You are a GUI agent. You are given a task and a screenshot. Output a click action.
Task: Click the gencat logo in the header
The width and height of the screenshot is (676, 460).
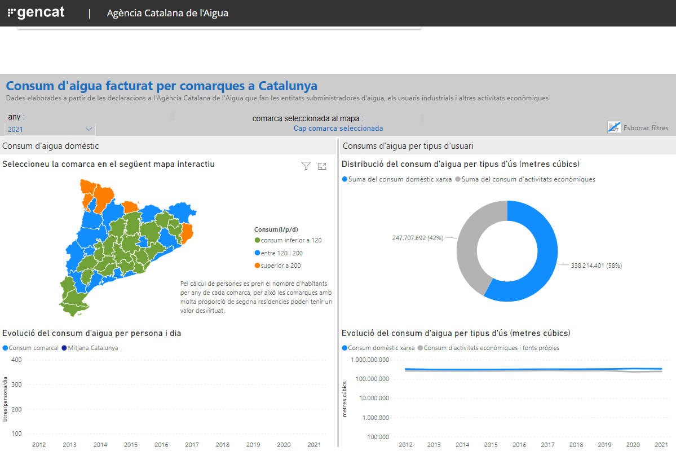pos(36,12)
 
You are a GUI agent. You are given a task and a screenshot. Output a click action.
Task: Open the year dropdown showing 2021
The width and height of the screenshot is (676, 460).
pos(50,129)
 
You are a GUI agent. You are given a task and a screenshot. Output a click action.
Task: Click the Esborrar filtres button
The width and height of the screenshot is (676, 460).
pos(638,127)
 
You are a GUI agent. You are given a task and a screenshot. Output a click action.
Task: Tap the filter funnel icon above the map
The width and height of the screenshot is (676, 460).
pos(306,166)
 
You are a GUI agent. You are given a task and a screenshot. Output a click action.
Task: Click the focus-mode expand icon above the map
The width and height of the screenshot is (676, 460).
pos(321,166)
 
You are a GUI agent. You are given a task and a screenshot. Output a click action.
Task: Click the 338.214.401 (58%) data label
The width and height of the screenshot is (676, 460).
pos(597,266)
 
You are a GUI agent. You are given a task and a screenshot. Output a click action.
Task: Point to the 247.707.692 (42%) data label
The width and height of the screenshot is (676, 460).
pos(417,238)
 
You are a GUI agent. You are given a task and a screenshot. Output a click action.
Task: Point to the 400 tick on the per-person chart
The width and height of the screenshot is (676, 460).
pos(16,360)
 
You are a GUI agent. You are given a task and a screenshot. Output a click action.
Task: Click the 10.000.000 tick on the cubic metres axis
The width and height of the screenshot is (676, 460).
pos(374,398)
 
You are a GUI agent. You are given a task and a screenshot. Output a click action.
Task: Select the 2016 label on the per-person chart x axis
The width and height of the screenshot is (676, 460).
pos(161,444)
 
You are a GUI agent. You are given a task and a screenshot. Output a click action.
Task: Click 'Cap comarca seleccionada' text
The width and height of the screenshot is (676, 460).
pos(338,128)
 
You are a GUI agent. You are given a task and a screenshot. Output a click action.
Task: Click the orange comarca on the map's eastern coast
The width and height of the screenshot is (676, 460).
pos(187,233)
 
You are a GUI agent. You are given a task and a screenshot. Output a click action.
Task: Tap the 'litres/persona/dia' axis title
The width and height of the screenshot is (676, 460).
pos(5,399)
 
